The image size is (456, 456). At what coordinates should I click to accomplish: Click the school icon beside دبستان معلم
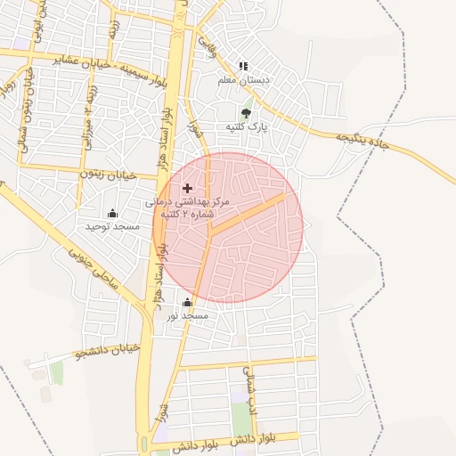pos(243,66)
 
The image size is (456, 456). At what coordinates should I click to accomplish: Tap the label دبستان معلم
pos(244,79)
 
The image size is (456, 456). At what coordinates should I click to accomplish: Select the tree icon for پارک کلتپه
pos(246,113)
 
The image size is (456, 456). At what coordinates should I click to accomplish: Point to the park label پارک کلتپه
pos(246,127)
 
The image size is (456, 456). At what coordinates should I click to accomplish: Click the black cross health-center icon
pos(187,188)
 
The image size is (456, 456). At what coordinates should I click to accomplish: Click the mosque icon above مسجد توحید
pos(112,214)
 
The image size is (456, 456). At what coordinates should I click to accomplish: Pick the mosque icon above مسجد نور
pos(187,303)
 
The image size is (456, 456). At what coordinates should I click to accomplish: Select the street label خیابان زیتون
pos(107,176)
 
